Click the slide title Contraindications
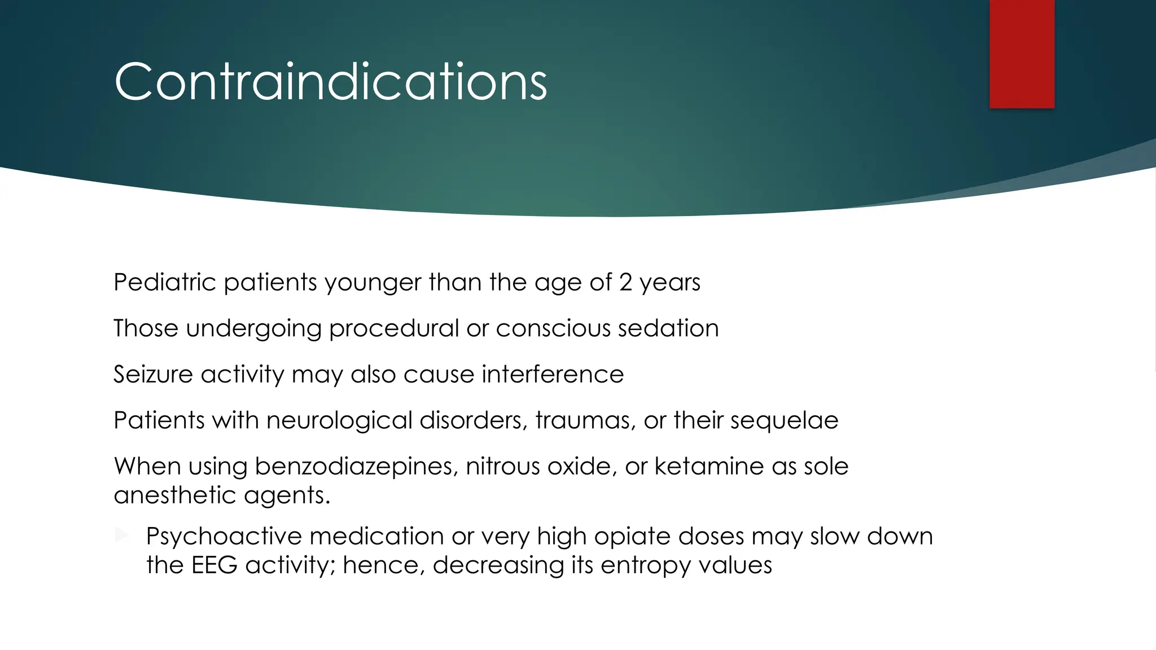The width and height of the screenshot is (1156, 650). (x=330, y=82)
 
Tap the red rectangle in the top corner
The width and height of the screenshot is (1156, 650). (x=1022, y=54)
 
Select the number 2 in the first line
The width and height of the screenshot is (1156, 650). (x=625, y=282)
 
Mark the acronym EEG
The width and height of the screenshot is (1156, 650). (x=214, y=565)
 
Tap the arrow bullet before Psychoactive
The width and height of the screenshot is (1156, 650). (x=121, y=535)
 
